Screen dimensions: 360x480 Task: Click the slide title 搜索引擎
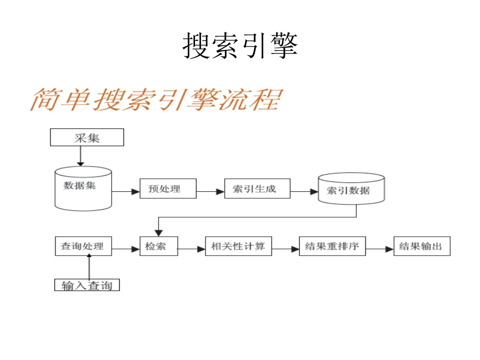[240, 46]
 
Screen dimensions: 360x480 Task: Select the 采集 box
[87, 137]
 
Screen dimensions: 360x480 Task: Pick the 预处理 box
[168, 189]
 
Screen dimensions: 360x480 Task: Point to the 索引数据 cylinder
[351, 190]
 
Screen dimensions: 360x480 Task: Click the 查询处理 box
[83, 246]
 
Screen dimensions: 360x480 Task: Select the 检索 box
[159, 246]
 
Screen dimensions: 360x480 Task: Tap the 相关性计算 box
[238, 246]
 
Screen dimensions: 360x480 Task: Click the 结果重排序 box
[332, 246]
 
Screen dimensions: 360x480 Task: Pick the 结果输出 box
[421, 246]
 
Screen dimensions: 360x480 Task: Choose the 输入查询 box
[87, 285]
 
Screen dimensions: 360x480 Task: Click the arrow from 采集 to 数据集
[80, 156]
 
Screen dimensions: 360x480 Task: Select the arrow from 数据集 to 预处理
[125, 191]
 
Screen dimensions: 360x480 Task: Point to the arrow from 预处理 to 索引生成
[210, 191]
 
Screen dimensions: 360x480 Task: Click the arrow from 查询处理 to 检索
[125, 248]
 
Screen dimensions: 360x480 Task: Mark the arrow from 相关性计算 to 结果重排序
[285, 248]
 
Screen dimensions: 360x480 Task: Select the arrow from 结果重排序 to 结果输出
[379, 248]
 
